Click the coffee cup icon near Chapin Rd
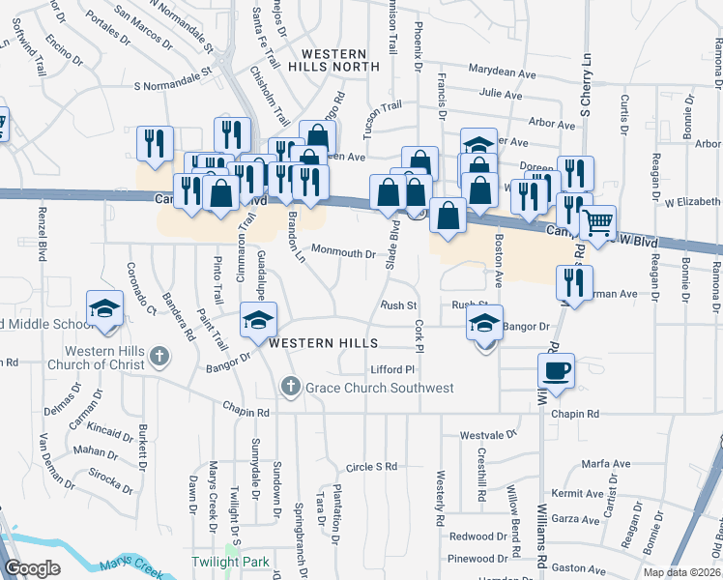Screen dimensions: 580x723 (x=556, y=369)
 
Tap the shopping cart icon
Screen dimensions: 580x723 (x=598, y=222)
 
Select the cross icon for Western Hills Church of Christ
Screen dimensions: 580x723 (x=159, y=358)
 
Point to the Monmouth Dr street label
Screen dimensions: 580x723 (x=342, y=254)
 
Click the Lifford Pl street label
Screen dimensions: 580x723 (x=391, y=370)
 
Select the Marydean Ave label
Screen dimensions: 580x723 (x=502, y=72)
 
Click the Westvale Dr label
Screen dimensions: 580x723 (x=482, y=435)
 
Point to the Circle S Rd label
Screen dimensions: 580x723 (x=371, y=467)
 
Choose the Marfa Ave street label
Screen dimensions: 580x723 (x=606, y=464)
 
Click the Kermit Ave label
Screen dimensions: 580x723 (x=582, y=493)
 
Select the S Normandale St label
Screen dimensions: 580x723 (x=172, y=85)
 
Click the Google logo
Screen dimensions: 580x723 (x=32, y=568)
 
